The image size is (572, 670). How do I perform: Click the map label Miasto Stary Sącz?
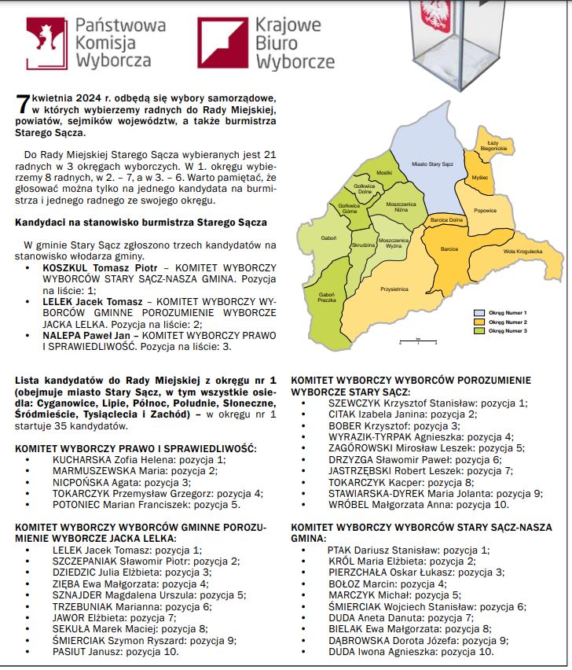click(433, 164)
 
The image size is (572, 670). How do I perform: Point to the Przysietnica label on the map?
click(394, 289)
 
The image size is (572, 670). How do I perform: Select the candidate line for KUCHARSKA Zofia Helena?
click(138, 459)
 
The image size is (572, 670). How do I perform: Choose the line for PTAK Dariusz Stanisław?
click(407, 550)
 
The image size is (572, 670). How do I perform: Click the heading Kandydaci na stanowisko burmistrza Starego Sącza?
click(141, 223)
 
